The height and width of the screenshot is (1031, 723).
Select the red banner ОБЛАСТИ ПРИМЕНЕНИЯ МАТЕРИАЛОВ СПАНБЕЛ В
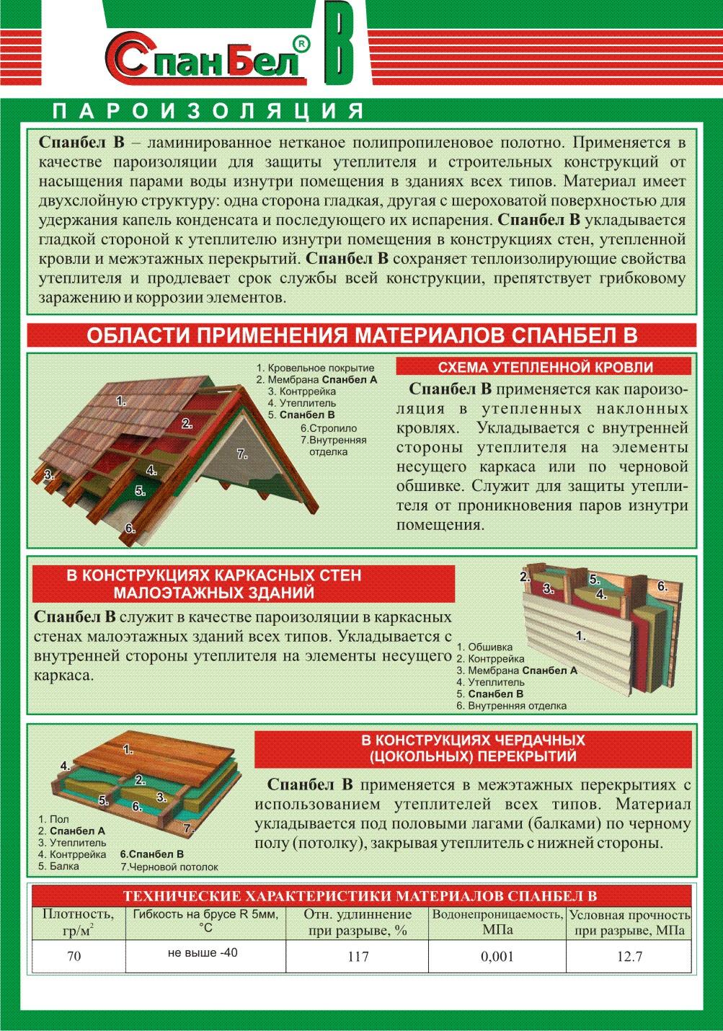[x=361, y=336]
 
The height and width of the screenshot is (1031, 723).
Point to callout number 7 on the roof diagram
[x=242, y=454]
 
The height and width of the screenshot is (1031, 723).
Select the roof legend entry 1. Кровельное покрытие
[x=315, y=368]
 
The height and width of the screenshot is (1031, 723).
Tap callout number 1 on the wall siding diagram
[x=581, y=636]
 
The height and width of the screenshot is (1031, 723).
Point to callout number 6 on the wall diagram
[x=662, y=586]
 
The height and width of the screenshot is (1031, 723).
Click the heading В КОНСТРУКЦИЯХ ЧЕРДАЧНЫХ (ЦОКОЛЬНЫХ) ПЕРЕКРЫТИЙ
[x=473, y=748]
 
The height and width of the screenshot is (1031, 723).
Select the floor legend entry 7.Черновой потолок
[x=169, y=867]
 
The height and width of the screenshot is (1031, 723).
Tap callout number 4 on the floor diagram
[x=65, y=766]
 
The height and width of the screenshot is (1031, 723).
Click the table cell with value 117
[x=357, y=957]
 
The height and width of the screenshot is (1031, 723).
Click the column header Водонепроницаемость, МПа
[x=497, y=922]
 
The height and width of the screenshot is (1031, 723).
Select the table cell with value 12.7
[x=629, y=957]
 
